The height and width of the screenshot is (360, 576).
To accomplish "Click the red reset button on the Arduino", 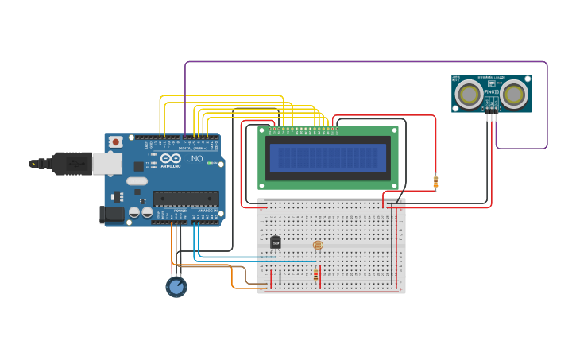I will [x=116, y=141].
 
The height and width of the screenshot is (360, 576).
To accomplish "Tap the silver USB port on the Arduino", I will [x=106, y=164].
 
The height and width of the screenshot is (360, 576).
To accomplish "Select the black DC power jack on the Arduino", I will [x=111, y=214].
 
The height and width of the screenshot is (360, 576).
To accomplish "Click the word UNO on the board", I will [x=194, y=159].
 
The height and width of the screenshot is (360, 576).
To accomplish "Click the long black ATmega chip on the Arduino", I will [x=185, y=199].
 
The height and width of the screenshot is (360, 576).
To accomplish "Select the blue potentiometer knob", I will [x=176, y=286].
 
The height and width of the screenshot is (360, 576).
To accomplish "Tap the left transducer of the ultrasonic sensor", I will [x=468, y=95].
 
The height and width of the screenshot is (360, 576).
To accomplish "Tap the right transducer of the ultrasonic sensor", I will [x=514, y=95].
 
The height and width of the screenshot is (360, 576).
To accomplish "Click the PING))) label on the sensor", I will [x=491, y=92].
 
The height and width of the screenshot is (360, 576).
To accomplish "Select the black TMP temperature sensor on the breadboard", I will [x=275, y=242].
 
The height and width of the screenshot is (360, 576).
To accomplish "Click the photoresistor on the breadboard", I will [x=318, y=246].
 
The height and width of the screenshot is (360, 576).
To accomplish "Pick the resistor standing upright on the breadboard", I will [x=316, y=275].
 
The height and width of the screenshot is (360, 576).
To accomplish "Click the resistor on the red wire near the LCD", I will [x=435, y=182].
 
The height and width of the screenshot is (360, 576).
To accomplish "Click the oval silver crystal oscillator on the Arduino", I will [x=137, y=181].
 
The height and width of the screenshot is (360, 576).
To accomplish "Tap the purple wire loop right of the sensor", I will [x=546, y=119].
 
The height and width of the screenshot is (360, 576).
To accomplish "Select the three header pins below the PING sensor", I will [x=492, y=117].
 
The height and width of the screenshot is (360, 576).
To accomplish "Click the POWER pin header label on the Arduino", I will [x=180, y=211].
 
